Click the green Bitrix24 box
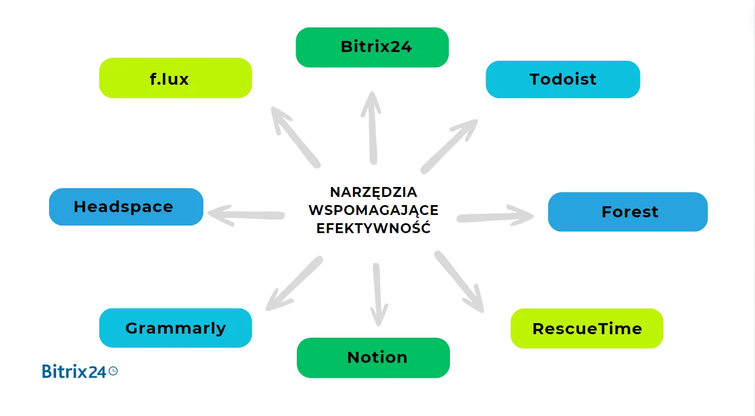pos(372,47)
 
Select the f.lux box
pos(175,78)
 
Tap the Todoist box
pos(563,79)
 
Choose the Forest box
pos(628,212)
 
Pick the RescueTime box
pos(587,328)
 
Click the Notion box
pos(373,358)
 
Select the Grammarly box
pos(175,328)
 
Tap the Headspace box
pos(126,207)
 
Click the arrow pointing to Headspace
pos(245,215)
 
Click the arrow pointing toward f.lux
pos(296,137)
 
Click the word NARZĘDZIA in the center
pos(373,192)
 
